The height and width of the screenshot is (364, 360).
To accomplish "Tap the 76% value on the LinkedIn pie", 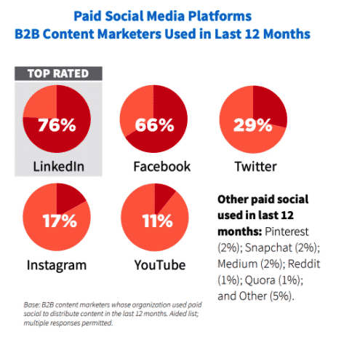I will tap(57, 124).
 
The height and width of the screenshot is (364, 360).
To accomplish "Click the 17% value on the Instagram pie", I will tap(57, 220).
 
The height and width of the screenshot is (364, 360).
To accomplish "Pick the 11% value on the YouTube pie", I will tap(153, 220).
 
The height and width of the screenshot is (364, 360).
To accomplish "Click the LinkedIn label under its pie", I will tap(58, 167).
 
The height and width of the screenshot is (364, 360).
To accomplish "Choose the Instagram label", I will tap(56, 264).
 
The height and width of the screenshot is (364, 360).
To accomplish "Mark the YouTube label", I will tap(153, 264).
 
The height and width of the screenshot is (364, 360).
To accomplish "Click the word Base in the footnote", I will tap(33, 304).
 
